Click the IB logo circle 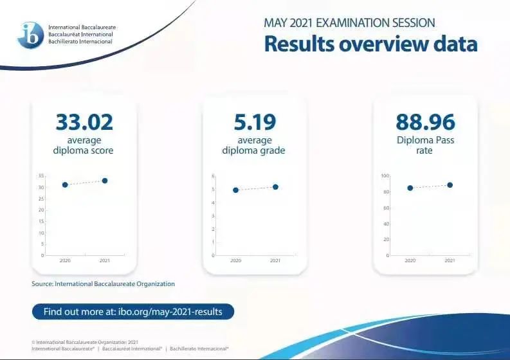tap(31, 35)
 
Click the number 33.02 tap(84, 122)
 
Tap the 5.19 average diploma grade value tap(255, 122)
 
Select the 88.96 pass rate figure tap(425, 122)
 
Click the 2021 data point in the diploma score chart tap(105, 181)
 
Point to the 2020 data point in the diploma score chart tap(65, 184)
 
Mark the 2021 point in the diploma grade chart tap(275, 187)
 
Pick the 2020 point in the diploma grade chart tap(236, 190)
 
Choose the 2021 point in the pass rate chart tap(450, 185)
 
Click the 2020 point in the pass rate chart tap(410, 188)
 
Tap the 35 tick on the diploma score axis tap(41, 176)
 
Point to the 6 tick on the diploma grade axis tap(214, 176)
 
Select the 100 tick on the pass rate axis tap(385, 176)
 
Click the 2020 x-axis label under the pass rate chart tap(410, 260)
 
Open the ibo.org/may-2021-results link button tap(133, 312)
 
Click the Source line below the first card tap(103, 284)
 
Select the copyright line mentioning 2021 tap(85, 342)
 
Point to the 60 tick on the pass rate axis tap(386, 208)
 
